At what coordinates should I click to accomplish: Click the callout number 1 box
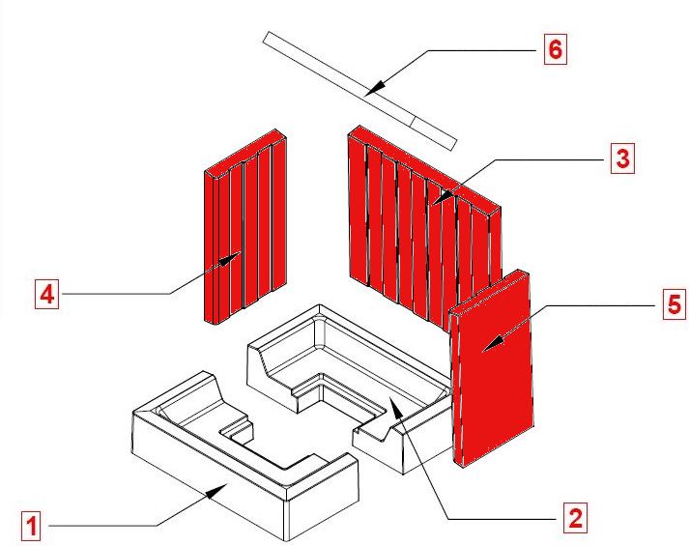click(34, 527)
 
